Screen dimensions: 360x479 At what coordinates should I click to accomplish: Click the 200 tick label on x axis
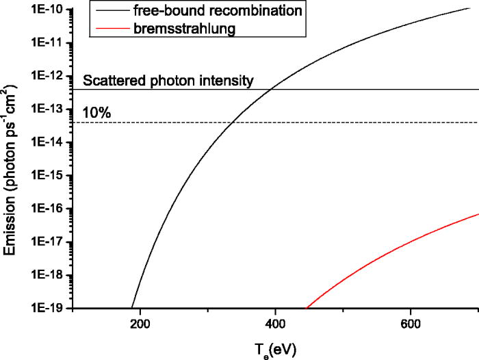pyautogui.click(x=140, y=322)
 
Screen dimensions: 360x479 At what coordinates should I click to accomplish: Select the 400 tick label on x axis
pyautogui.click(x=275, y=322)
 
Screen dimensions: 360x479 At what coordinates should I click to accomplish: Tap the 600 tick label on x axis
pyautogui.click(x=410, y=322)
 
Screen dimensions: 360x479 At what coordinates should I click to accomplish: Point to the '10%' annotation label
pyautogui.click(x=96, y=113)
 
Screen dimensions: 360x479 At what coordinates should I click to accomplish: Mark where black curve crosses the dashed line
pyautogui.click(x=232, y=123)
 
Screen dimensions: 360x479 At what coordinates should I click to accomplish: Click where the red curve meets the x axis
pyautogui.click(x=305, y=308)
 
